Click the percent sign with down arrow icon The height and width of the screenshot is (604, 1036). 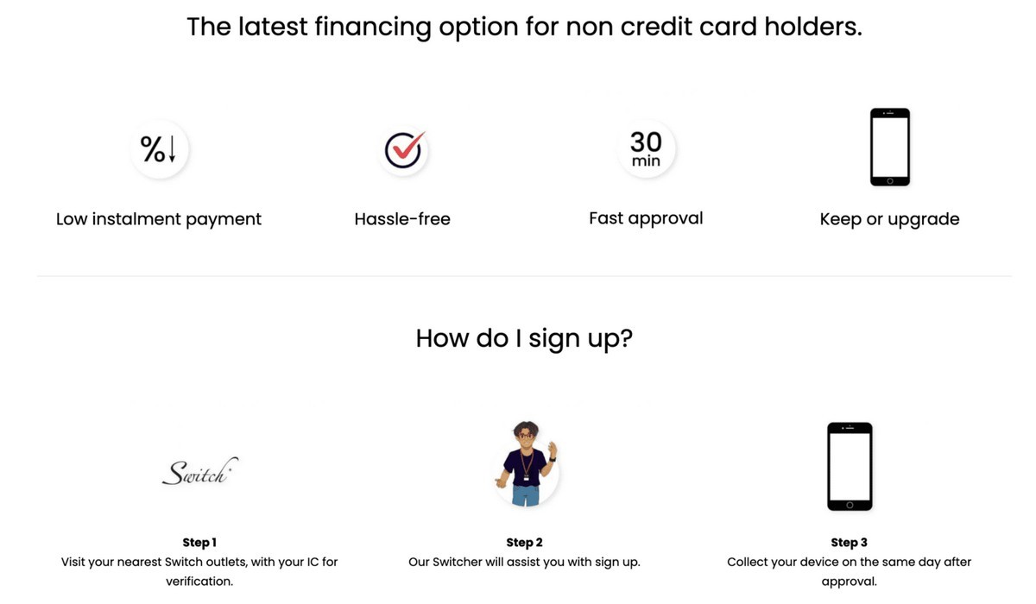coord(159,148)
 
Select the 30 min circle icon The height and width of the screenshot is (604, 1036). coord(646,148)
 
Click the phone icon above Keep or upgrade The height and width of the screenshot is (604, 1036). coord(890,147)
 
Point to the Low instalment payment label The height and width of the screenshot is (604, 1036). coord(159,219)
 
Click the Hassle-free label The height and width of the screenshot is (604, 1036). coord(402,219)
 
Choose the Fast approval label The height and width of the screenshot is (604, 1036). coord(646,218)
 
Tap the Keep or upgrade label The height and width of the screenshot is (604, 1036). coord(889,219)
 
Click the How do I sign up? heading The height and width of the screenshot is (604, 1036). coord(524,338)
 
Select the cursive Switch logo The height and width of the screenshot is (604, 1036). coord(199,471)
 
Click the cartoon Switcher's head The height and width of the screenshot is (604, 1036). coord(526,433)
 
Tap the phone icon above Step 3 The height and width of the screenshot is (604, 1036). coord(850,466)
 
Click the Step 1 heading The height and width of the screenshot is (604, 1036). coord(199,542)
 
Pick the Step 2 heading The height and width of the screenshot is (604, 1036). coord(524,542)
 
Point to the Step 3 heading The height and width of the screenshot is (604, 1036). coord(849,542)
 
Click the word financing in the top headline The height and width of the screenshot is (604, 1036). coord(373,28)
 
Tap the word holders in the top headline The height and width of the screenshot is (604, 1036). coord(813,27)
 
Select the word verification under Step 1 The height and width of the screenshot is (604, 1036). coord(199,581)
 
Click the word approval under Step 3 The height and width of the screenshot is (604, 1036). coord(849,582)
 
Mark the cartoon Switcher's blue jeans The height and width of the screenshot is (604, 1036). coord(526,495)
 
